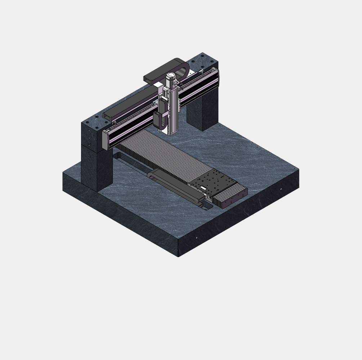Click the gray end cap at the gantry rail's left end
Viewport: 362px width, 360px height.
tap(105, 140)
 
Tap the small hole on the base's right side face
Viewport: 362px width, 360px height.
tap(281, 189)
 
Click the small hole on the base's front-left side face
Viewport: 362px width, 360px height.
tap(197, 238)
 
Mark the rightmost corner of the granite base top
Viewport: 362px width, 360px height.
tap(299, 169)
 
